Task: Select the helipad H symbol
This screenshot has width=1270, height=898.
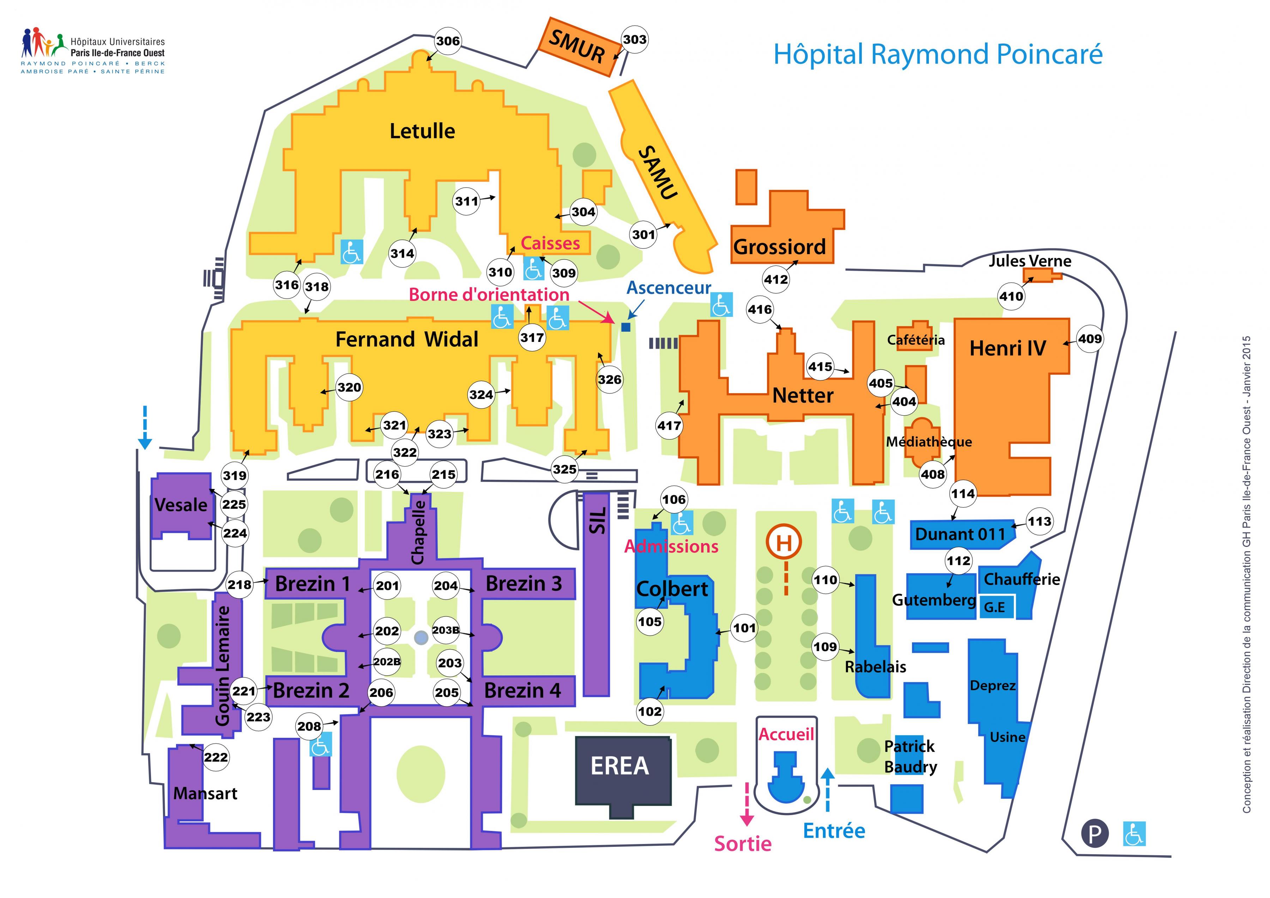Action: tap(784, 542)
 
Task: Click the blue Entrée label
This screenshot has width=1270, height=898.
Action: tap(834, 831)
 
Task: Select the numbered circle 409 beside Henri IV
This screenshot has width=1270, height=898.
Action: tap(1090, 339)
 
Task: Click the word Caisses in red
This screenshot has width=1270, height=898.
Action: tap(550, 243)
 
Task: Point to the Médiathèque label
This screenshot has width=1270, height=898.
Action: tap(929, 441)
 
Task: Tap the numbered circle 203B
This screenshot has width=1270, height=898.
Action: tap(446, 630)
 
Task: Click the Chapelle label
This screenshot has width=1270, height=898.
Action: tap(419, 532)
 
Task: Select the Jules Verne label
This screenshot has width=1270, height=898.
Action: tap(1030, 261)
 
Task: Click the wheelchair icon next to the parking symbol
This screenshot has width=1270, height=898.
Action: tap(1135, 834)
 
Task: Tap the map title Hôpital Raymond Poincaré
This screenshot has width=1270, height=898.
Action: tap(938, 54)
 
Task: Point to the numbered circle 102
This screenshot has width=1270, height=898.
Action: tap(649, 712)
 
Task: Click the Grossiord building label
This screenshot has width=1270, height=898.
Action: tap(779, 247)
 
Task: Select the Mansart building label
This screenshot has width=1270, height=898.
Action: tap(205, 794)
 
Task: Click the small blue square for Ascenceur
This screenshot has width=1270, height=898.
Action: tap(625, 327)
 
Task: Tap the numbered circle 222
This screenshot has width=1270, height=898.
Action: tap(216, 757)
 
